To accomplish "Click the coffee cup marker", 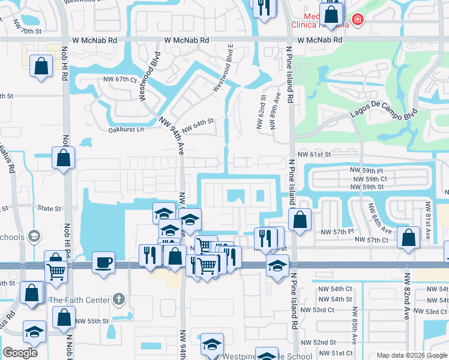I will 103,262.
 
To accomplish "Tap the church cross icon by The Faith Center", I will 119,299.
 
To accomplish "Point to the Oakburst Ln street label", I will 127,130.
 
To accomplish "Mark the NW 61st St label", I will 314,154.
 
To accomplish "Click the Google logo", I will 20,352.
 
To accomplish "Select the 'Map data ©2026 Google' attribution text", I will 411,355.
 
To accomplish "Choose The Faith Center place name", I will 79,300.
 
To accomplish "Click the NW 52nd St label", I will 333,342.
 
